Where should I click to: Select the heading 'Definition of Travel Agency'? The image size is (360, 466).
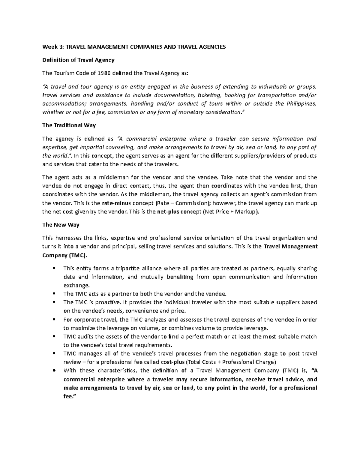click(78, 60)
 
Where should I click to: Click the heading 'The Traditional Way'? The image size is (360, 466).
click(69, 125)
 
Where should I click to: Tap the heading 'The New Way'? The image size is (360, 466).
click(61, 225)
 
